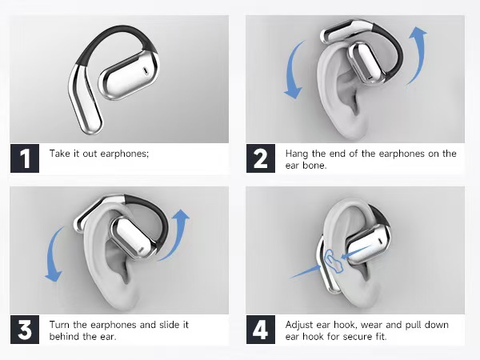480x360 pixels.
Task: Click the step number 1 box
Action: (x=25, y=158)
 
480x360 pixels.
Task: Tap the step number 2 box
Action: (x=261, y=158)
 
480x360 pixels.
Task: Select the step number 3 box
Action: (x=25, y=330)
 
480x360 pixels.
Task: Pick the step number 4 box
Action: (x=261, y=330)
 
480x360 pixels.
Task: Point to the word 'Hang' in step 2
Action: (x=298, y=153)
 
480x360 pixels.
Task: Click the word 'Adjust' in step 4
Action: (x=301, y=325)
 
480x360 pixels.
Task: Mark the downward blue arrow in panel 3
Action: (x=54, y=252)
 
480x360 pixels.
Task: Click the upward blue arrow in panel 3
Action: (x=182, y=232)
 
